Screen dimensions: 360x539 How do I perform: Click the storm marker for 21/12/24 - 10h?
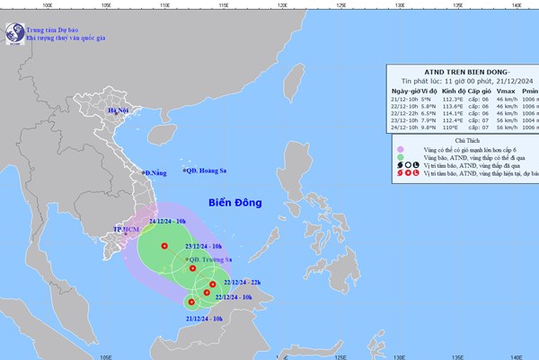coord(191,303)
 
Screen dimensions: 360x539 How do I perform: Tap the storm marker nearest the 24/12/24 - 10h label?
coord(163,246)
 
